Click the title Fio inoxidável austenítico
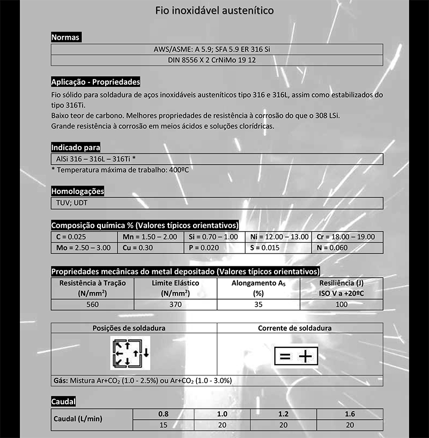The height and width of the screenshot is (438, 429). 214,10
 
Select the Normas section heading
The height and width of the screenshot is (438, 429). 65,38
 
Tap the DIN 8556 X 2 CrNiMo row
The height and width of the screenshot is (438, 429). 217,60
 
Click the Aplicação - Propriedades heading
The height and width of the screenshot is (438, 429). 95,82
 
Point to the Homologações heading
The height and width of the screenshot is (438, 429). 77,191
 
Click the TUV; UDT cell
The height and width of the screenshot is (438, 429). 217,203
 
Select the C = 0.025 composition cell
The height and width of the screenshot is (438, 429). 84,237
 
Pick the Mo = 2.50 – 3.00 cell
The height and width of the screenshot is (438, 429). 84,248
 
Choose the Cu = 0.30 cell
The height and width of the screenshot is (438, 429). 150,248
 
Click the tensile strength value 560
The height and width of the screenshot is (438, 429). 93,305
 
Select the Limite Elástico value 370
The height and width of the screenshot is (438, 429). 175,305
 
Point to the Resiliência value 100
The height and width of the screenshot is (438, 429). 341,305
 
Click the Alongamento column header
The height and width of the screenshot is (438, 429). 258,288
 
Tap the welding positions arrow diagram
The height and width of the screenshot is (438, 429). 130,353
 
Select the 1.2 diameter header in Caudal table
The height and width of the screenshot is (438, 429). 284,414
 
